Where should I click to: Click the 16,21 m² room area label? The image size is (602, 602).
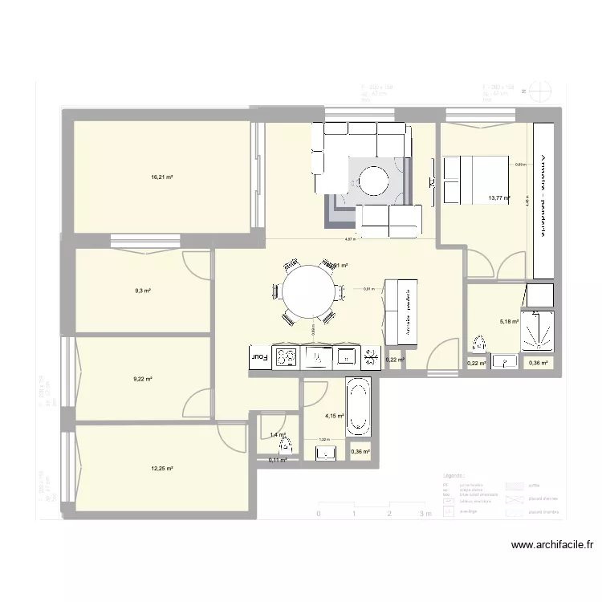click(162, 177)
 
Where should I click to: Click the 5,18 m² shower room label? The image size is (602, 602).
click(509, 322)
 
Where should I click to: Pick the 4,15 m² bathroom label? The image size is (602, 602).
click(334, 416)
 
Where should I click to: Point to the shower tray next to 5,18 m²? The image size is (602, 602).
click(537, 330)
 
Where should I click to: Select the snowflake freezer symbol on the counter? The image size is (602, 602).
click(372, 357)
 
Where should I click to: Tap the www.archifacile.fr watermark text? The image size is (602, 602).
click(553, 545)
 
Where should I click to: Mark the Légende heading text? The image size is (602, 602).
click(454, 476)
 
